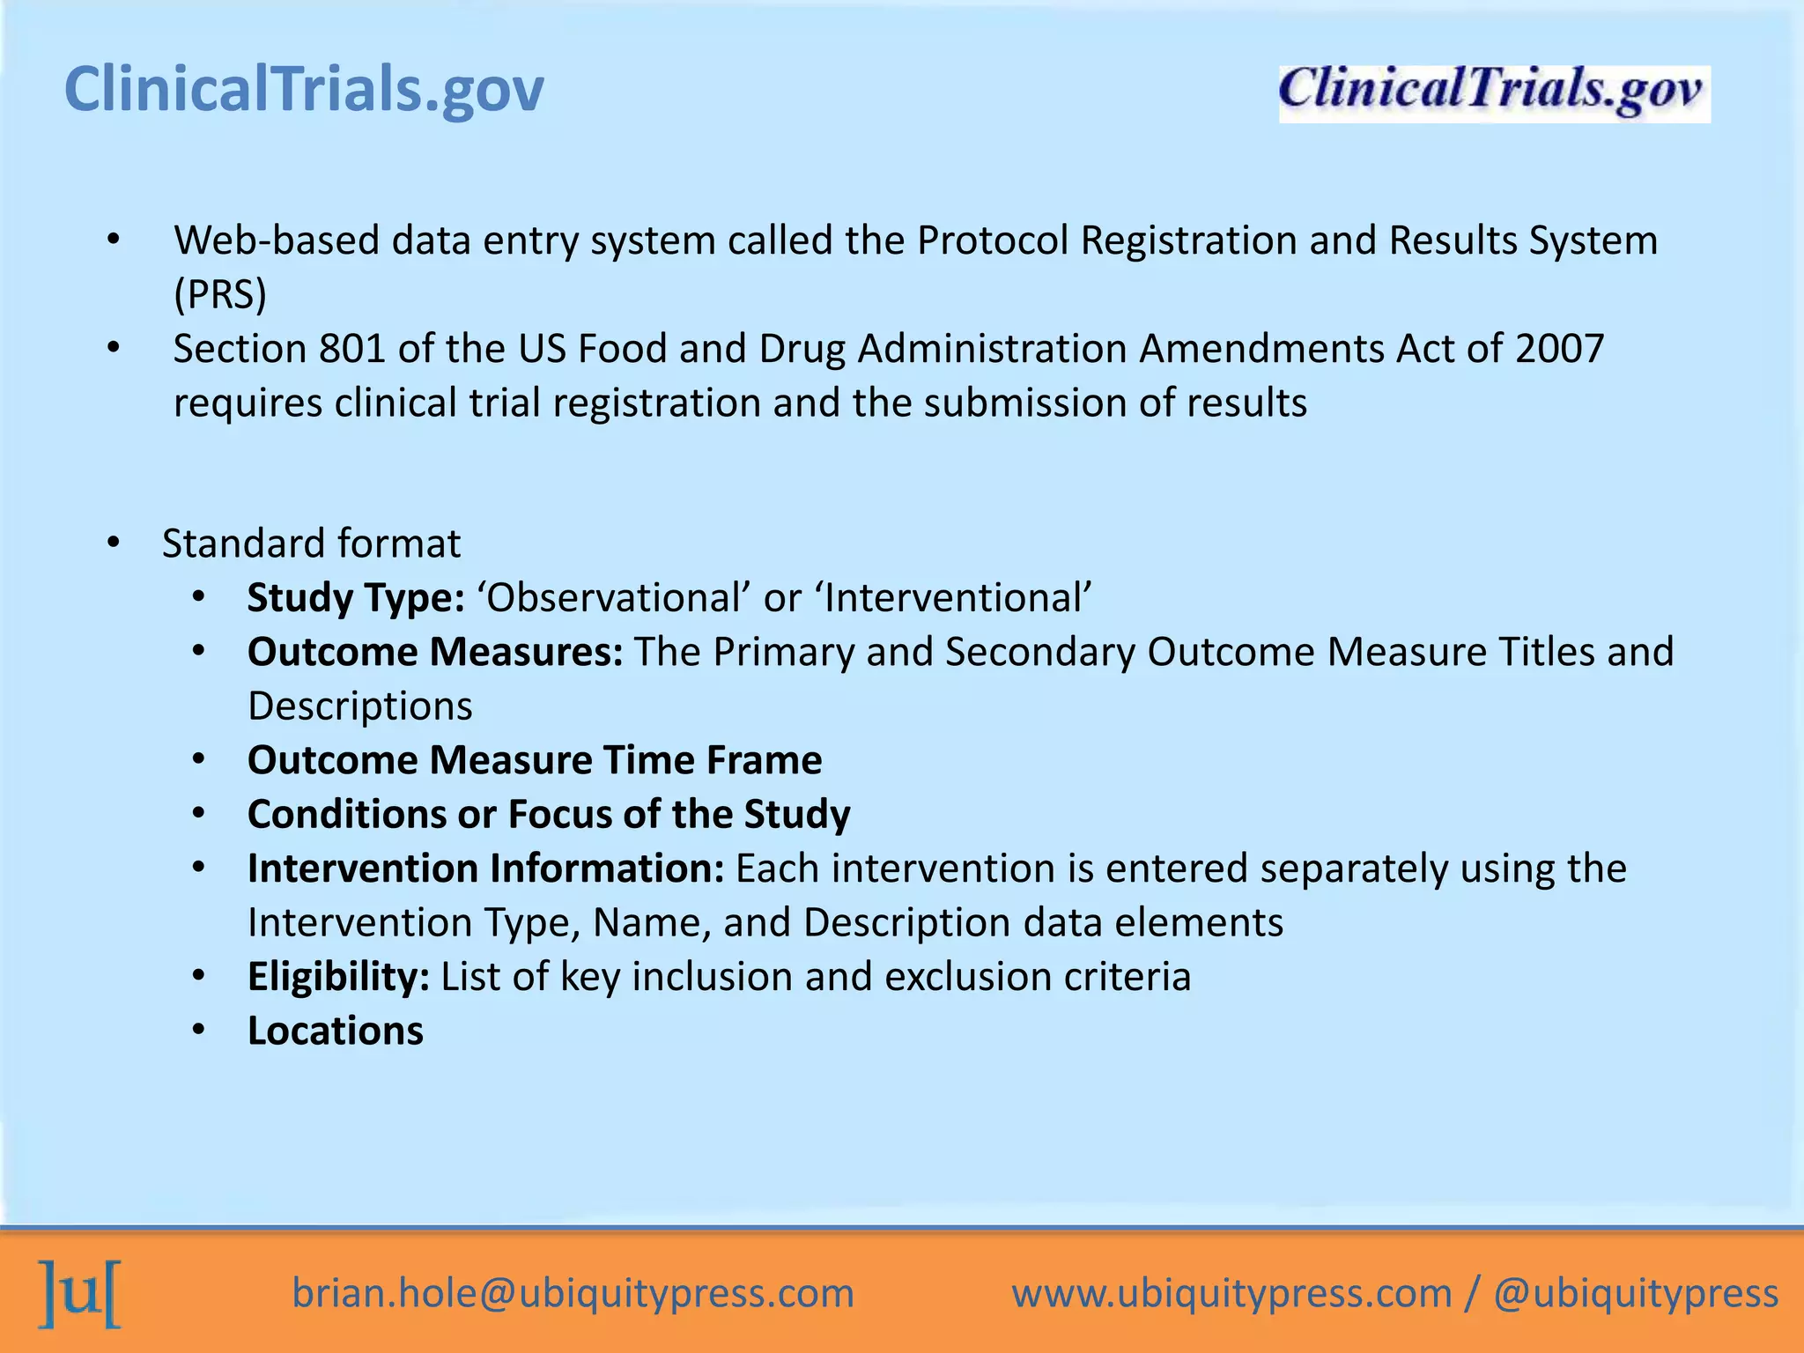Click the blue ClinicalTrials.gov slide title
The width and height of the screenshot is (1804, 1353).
pos(304,90)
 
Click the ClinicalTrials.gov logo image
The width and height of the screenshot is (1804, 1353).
pos(1494,93)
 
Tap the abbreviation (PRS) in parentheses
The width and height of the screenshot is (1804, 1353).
pos(220,295)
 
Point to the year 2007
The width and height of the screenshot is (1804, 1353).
pos(1559,349)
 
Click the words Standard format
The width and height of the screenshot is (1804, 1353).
pos(311,543)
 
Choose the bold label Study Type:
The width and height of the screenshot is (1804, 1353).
pos(356,598)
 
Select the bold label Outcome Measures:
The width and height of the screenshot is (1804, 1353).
pos(435,653)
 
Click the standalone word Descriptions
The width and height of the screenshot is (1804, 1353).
pos(360,706)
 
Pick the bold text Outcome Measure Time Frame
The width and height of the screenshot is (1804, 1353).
pos(535,760)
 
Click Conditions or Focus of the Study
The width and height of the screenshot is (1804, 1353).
pos(549,815)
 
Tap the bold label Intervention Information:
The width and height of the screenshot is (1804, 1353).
pos(485,869)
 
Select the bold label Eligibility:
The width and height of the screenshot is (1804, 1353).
pos(338,977)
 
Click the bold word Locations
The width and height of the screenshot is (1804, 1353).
pos(336,1031)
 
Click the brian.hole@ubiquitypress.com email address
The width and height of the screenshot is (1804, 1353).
pos(573,1294)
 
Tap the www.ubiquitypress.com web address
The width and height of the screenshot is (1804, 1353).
pos(1231,1294)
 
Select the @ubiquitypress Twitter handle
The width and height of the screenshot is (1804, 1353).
pos(1636,1294)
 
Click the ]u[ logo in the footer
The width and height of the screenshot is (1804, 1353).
pos(79,1294)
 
